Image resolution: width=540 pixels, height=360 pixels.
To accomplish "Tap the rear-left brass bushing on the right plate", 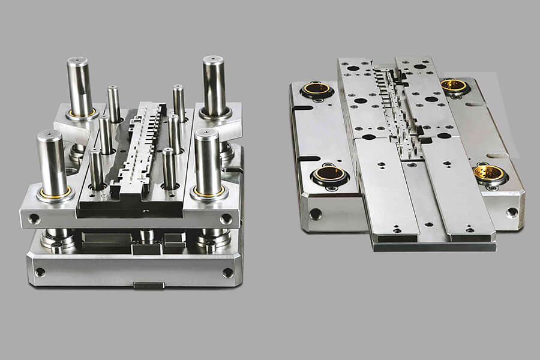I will click(316, 89).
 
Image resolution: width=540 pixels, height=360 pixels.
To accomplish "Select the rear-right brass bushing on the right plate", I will click(454, 86).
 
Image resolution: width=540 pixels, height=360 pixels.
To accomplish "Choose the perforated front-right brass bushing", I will click(489, 174).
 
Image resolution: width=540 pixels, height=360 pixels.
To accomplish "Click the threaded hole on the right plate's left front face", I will click(316, 214).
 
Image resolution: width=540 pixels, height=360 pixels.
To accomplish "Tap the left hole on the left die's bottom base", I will click(40, 272).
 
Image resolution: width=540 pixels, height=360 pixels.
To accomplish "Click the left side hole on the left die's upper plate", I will click(34, 219).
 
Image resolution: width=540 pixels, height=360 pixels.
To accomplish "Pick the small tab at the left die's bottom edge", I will click(149, 285).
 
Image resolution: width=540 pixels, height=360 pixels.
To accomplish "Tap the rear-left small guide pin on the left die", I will click(113, 102).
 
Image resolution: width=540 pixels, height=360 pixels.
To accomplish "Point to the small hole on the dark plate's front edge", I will click(145, 212).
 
